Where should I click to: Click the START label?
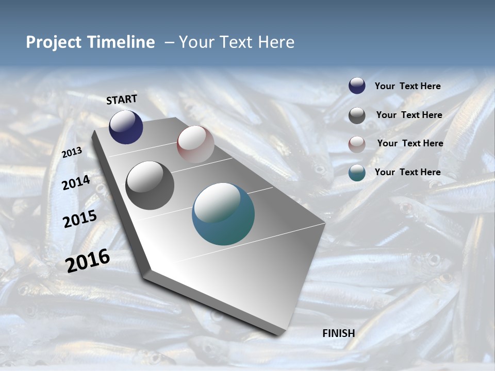tap(122, 99)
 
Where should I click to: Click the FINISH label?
tap(339, 333)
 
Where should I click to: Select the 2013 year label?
tap(72, 153)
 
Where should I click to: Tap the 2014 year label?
tap(76, 182)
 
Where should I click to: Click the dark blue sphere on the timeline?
tap(126, 127)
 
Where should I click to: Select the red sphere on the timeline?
tap(195, 144)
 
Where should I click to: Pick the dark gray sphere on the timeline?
tap(150, 185)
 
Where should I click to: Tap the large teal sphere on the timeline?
tap(223, 214)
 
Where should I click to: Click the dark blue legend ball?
tap(357, 86)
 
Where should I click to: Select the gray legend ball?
tap(357, 115)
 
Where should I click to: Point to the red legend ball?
tap(357, 144)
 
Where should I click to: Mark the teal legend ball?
tap(357, 173)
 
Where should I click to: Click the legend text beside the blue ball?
tap(407, 86)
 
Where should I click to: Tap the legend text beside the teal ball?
tap(407, 172)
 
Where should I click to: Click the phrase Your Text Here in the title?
tap(237, 42)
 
